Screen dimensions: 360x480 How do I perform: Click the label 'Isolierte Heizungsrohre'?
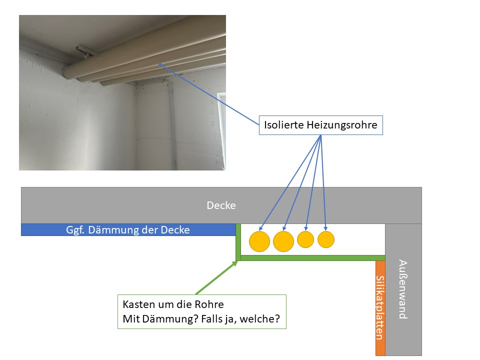[x=320, y=125]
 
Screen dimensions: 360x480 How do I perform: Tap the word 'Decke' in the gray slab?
[x=221, y=205]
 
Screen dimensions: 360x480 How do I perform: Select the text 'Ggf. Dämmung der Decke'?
[x=128, y=230]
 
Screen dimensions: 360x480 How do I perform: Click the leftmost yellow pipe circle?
[x=259, y=241]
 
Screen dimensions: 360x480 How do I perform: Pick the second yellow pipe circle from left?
[x=283, y=241]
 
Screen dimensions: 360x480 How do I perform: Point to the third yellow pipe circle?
[x=305, y=239]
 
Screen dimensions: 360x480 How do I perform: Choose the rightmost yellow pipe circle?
[x=326, y=239]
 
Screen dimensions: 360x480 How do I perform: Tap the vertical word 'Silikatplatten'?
[x=380, y=307]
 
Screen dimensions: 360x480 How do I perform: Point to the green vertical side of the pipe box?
[x=238, y=242]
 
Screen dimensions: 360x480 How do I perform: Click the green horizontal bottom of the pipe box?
[x=310, y=258]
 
